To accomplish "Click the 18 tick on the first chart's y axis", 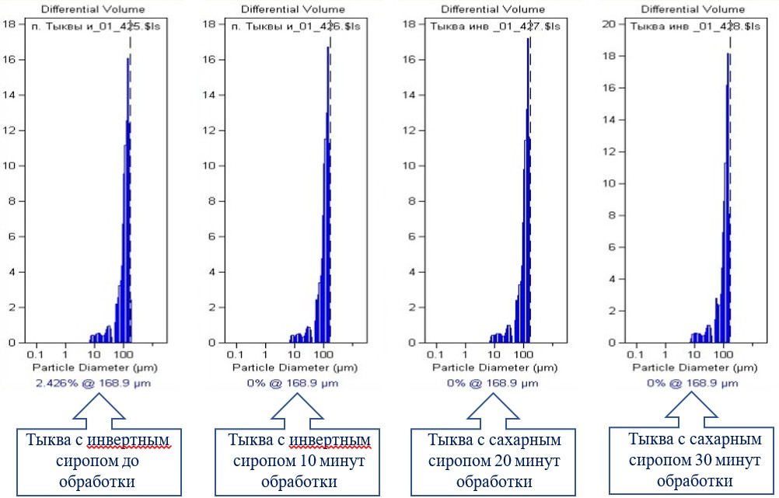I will tap(12, 23).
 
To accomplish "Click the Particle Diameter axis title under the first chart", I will tap(85, 365).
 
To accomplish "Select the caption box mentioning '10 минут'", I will tap(298, 461).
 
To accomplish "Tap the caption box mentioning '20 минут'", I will tap(494, 461).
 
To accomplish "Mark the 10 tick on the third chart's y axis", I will tap(411, 165).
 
